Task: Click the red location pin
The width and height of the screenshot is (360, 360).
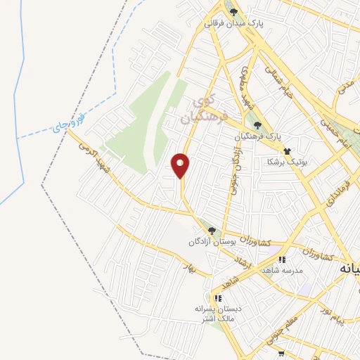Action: (x=181, y=165)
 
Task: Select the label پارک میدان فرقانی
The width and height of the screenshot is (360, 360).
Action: (x=234, y=23)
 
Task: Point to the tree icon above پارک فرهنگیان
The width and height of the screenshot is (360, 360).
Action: (x=257, y=124)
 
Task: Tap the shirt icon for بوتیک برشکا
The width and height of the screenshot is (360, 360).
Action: (x=287, y=150)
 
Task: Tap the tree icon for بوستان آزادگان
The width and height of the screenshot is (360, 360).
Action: (x=211, y=231)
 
